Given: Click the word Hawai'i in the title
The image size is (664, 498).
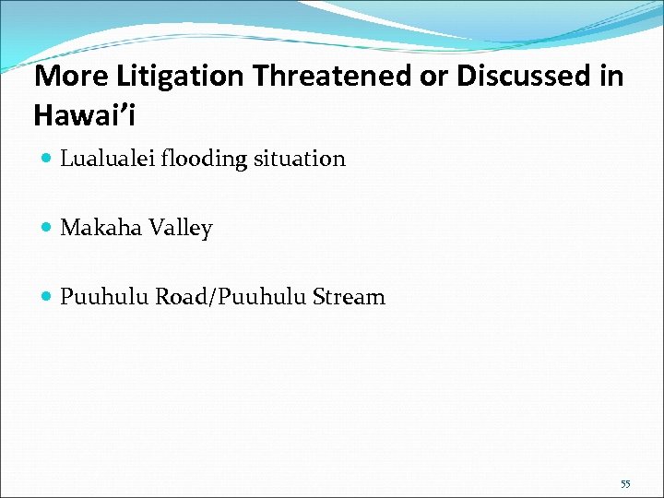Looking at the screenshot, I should [86, 115].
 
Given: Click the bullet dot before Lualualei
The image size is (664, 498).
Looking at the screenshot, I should [47, 160].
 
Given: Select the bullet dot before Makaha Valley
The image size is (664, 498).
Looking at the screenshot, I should [47, 229].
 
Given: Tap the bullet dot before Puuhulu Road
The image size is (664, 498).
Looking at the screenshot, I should [47, 298].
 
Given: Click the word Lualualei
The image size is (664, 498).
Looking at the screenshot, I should [108, 159].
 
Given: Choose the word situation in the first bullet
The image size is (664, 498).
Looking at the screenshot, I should [300, 159].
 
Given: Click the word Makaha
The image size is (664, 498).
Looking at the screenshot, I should [98, 228].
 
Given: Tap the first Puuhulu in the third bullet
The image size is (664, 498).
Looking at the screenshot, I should [104, 297].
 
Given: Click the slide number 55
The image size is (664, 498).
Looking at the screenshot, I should [625, 483].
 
